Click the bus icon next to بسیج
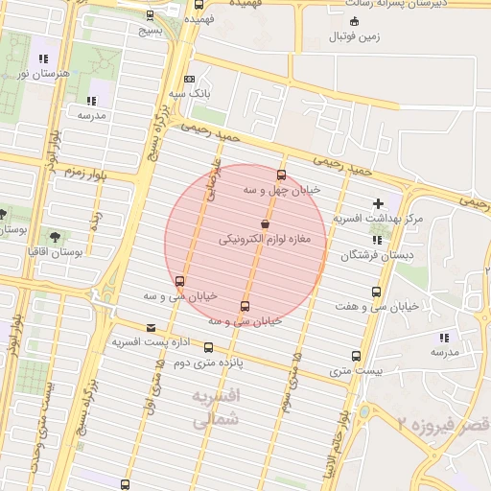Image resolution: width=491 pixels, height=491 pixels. click(x=150, y=15)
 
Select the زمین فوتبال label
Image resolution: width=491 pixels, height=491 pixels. click(x=356, y=37)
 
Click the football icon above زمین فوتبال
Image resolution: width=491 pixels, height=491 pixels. click(x=356, y=21)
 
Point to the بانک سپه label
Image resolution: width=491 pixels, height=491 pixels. click(x=190, y=94)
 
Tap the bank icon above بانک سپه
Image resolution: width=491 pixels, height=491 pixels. click(x=190, y=80)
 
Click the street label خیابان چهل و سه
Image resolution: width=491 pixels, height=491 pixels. click(x=281, y=190)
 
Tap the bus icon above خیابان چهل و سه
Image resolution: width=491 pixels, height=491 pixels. click(x=281, y=175)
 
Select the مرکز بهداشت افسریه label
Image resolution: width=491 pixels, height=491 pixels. click(x=378, y=219)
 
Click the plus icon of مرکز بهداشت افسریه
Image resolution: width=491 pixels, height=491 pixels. click(x=378, y=203)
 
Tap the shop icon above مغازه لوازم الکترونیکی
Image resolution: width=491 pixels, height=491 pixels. click(x=265, y=223)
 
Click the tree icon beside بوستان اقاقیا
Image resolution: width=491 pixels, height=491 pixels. click(x=53, y=235)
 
